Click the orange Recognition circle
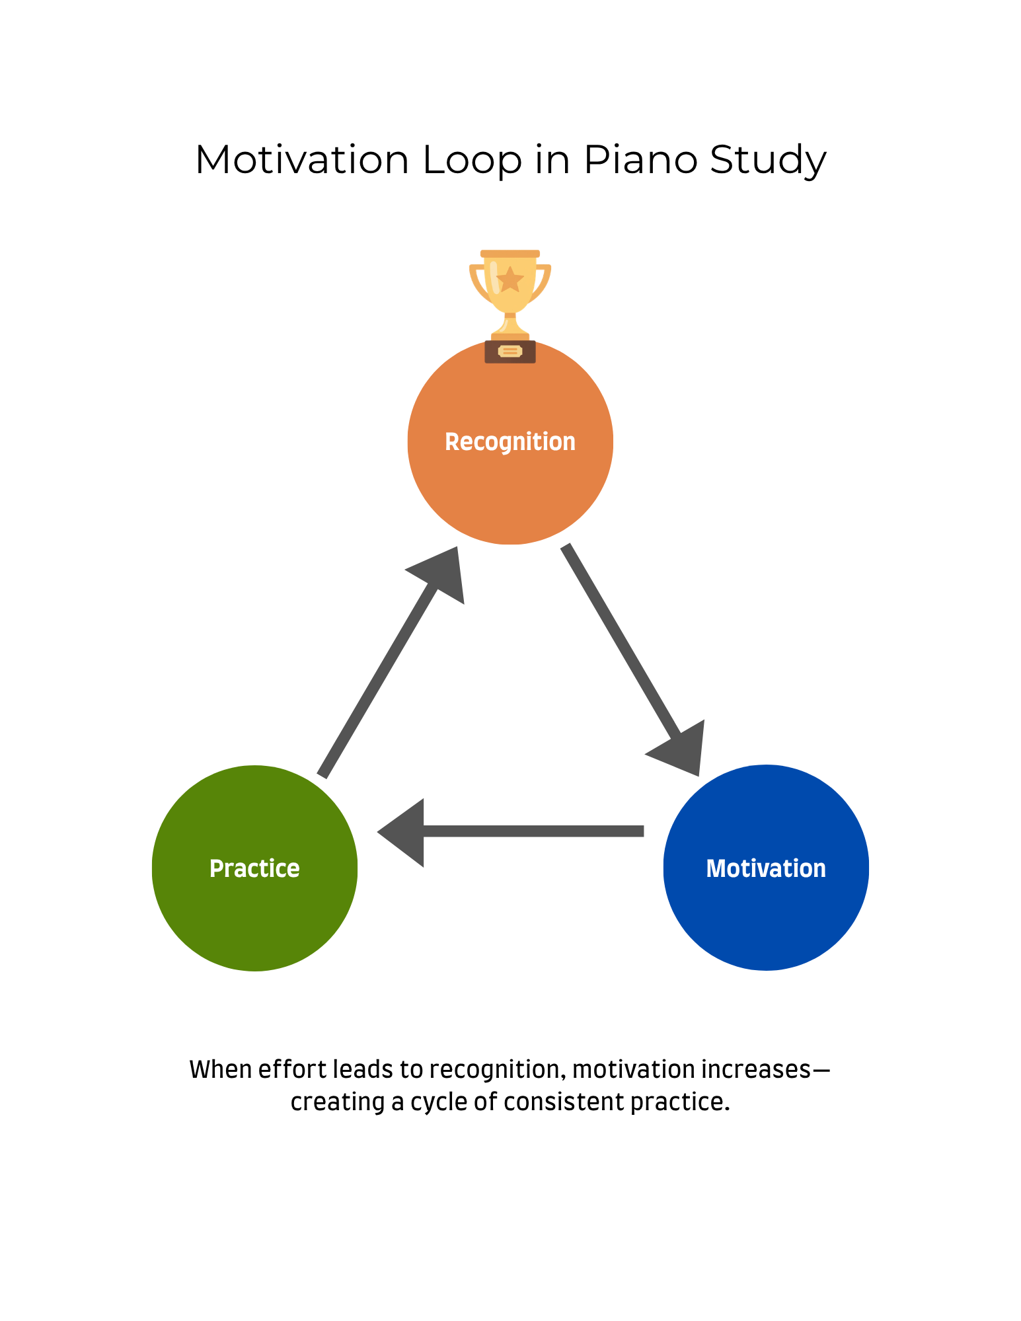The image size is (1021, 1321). point(510,476)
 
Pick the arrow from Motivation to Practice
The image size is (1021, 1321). point(529,831)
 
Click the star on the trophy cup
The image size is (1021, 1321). point(510,280)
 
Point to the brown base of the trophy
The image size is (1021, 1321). point(510,352)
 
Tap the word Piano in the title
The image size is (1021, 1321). point(640,160)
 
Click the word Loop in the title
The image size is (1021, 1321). point(472,160)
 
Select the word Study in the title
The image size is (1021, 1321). point(768,160)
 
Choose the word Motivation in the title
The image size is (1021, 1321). point(302,160)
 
